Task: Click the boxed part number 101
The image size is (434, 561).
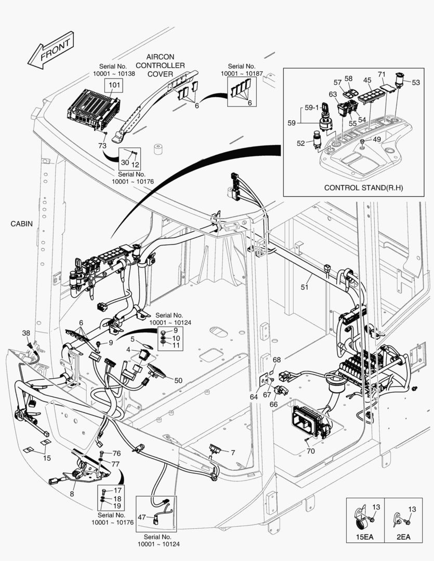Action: point(114,85)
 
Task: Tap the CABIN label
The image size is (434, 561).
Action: point(21,224)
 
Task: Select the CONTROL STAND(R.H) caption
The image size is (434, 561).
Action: point(363,188)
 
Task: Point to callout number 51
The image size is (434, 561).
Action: point(305,286)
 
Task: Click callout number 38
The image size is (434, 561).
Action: point(26,332)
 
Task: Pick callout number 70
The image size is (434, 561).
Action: point(311,451)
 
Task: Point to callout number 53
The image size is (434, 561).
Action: point(416,82)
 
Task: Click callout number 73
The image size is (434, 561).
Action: point(102,145)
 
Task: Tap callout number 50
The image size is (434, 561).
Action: point(178,380)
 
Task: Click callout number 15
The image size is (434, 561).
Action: point(47,458)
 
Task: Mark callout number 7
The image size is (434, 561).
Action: point(233,452)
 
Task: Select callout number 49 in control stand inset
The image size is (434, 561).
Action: point(377,139)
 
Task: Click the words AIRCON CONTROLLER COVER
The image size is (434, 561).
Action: point(160,65)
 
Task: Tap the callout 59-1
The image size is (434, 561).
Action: point(312,108)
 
